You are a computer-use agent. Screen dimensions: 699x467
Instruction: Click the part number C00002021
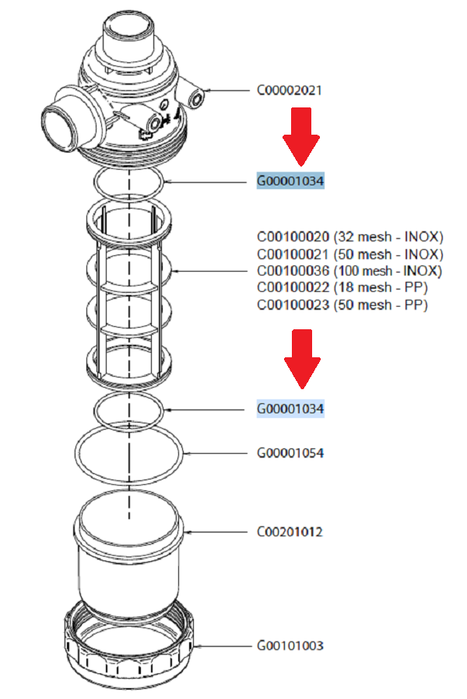click(x=290, y=90)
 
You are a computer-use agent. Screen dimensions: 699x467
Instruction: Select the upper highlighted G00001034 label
click(x=290, y=181)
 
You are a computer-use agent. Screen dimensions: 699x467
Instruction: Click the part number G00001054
click(x=290, y=453)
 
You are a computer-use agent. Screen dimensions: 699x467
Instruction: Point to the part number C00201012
click(x=290, y=532)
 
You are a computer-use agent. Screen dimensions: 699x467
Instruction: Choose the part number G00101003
click(x=290, y=646)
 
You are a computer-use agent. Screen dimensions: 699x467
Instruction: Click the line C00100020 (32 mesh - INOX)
click(x=349, y=237)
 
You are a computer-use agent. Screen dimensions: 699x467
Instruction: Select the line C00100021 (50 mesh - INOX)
click(x=349, y=254)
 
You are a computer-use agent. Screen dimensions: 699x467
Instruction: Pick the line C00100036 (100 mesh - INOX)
click(x=349, y=271)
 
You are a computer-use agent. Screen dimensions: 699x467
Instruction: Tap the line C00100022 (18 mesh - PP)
click(x=342, y=288)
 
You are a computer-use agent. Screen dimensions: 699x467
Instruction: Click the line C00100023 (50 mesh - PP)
click(x=342, y=305)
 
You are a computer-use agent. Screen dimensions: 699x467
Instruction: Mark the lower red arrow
click(x=300, y=358)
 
